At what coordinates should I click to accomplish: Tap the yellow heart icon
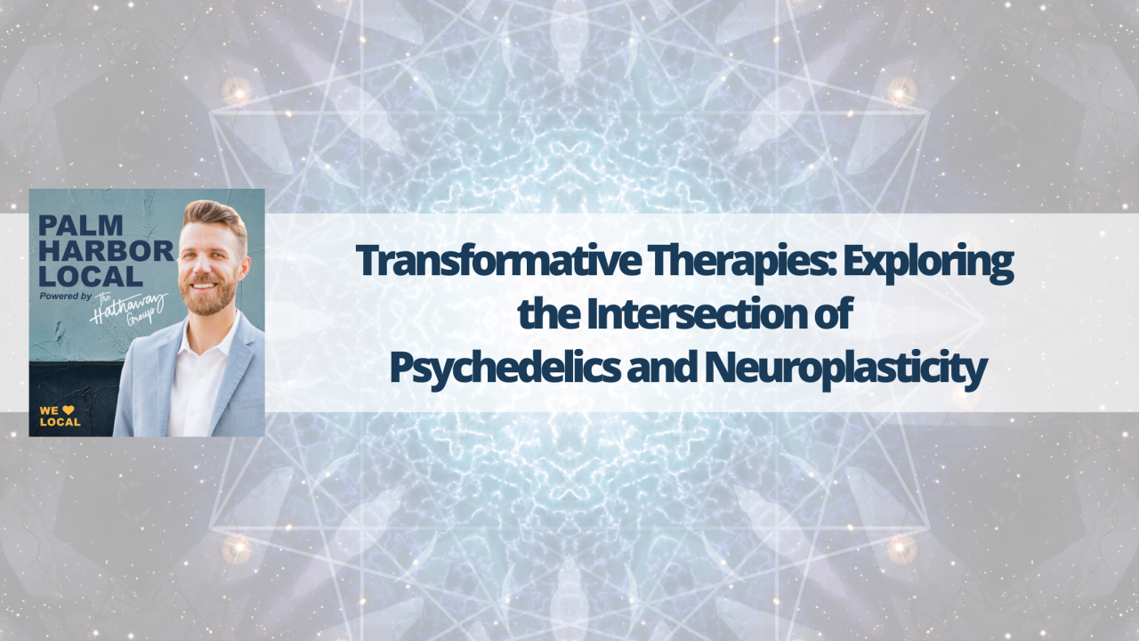[67, 410]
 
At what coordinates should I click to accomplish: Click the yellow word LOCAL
[60, 422]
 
